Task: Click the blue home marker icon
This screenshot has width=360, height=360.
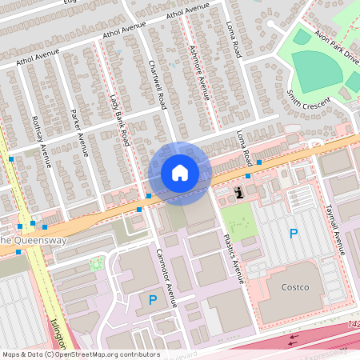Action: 180,172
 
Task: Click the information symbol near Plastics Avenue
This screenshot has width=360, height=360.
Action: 239,192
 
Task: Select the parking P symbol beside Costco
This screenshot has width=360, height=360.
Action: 294,234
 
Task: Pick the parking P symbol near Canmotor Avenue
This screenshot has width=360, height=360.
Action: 152,300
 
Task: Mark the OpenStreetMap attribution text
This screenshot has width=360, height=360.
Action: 80,354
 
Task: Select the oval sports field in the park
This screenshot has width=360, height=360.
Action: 317,70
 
